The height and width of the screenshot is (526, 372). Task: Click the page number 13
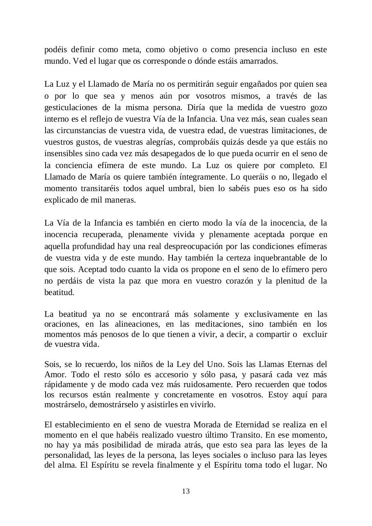(186, 491)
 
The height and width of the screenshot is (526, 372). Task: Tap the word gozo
(318, 108)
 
